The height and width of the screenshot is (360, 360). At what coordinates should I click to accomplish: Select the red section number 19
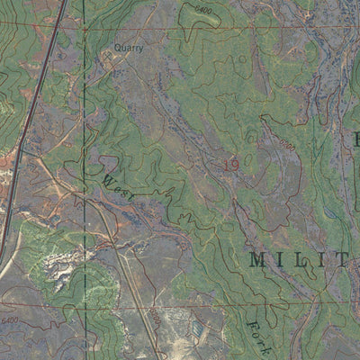click(230, 164)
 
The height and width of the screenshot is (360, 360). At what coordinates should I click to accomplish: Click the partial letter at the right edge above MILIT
click(355, 139)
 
